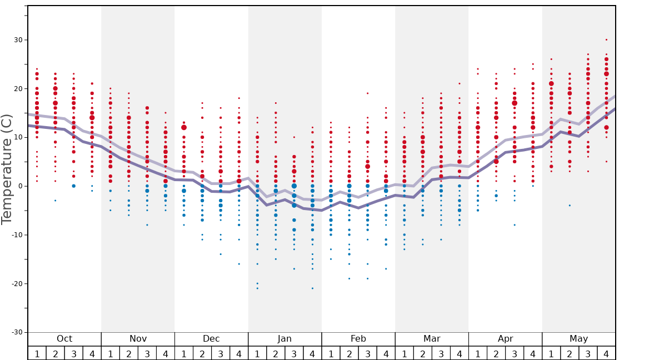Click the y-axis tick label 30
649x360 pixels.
[x=18, y=40]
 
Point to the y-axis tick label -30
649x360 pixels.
[x=17, y=332]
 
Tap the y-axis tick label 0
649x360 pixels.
[x=21, y=186]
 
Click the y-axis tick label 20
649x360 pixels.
[x=18, y=89]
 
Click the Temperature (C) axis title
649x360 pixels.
[x=7, y=169]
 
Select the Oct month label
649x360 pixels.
[x=64, y=339]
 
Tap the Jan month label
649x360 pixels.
[x=284, y=339]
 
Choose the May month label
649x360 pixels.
[x=578, y=339]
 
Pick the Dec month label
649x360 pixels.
[x=211, y=339]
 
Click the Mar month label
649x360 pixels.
[x=432, y=339]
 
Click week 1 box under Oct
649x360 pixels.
[x=37, y=353]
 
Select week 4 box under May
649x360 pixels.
[x=606, y=353]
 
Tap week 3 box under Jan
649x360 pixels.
[x=294, y=353]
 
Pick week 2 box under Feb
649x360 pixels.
[x=349, y=353]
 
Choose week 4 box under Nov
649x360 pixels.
[x=166, y=353]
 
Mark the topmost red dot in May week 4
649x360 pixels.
[x=606, y=40]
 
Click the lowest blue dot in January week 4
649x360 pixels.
[x=312, y=288]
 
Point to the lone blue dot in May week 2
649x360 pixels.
[x=570, y=206]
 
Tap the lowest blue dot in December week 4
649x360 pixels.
[x=239, y=264]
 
